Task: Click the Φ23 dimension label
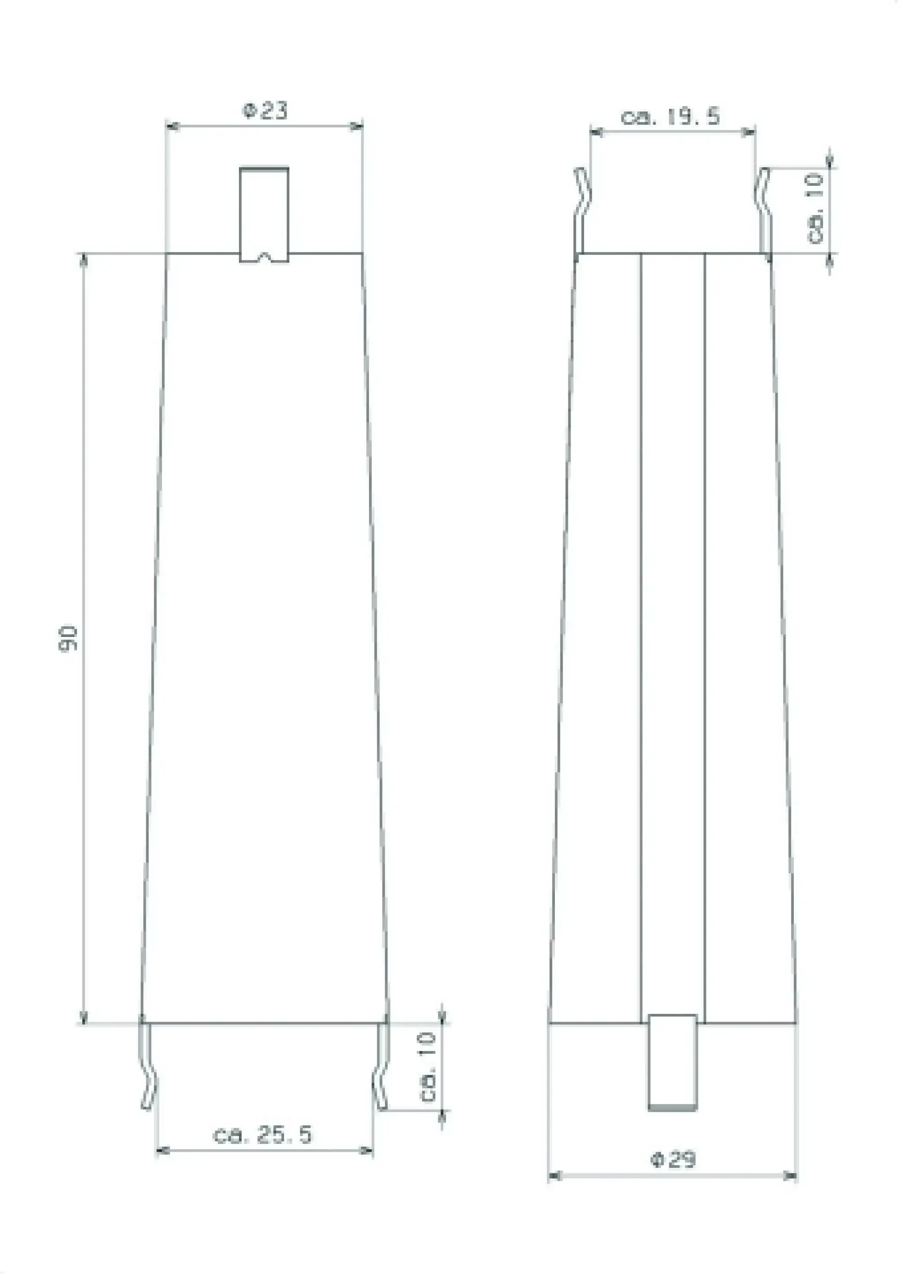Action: pos(265,110)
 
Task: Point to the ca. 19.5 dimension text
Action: pos(670,117)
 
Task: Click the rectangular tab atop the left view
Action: pos(264,211)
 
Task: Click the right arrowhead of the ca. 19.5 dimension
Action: pos(750,132)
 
